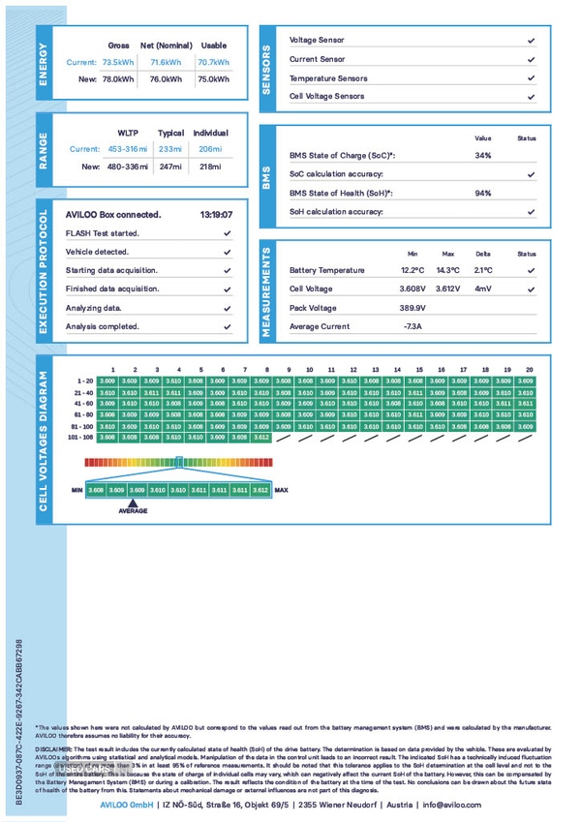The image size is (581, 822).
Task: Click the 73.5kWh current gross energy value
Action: pos(118,62)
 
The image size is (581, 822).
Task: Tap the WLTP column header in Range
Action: pos(128,133)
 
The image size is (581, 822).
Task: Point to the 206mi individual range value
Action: pos(210,149)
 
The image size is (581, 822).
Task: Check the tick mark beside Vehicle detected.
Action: pos(227,252)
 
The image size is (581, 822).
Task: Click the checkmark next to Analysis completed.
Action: pos(227,326)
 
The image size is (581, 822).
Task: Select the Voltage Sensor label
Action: pos(317,41)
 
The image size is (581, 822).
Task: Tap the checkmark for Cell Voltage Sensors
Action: pos(531,97)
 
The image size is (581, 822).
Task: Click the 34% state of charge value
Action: pos(483,155)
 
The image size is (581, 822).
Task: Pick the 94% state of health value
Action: pos(483,193)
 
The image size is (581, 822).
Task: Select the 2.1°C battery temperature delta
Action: pos(483,270)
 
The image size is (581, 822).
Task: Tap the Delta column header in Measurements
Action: pos(483,253)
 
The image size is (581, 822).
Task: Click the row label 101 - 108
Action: pos(80,437)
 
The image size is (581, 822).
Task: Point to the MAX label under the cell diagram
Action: pos(282,490)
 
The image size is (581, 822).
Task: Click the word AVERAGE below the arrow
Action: pos(133,510)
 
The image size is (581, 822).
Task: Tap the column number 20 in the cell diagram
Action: pos(529,369)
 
